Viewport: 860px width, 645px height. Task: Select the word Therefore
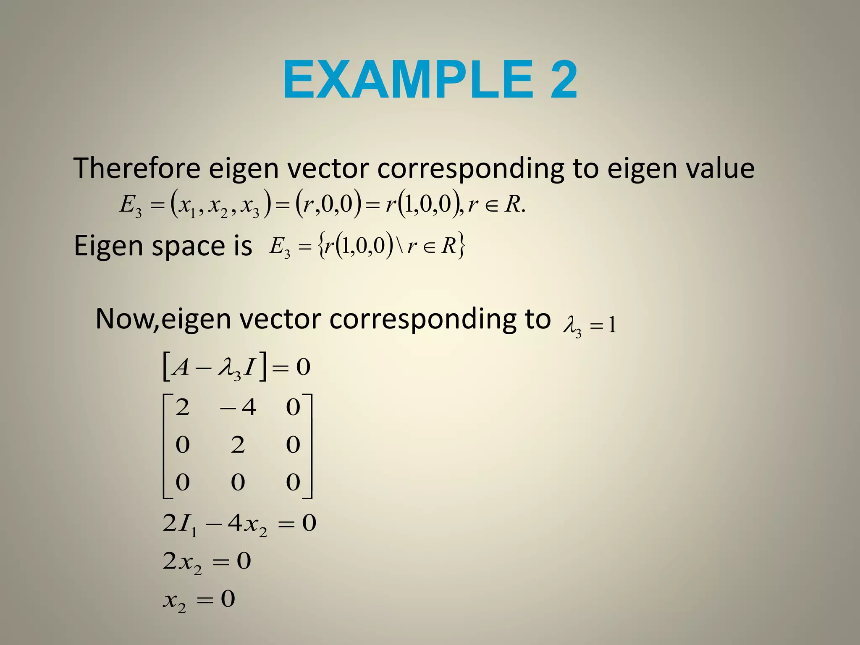(137, 168)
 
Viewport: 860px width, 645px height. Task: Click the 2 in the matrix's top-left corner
(182, 407)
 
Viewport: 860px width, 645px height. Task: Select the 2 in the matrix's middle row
(238, 444)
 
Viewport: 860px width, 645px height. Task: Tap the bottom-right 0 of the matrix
(293, 482)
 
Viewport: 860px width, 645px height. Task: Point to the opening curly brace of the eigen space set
(321, 246)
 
